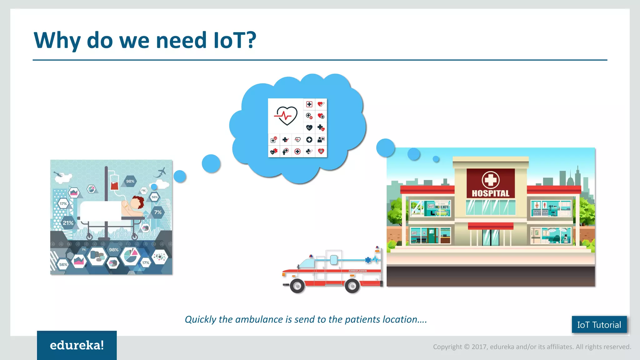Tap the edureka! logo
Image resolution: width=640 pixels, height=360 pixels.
(77, 345)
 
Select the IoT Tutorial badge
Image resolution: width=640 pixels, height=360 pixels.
(599, 325)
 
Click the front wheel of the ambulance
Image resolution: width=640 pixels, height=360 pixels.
(297, 286)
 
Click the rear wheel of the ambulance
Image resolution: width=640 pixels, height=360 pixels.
(352, 286)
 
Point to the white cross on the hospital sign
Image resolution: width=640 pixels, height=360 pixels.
(490, 180)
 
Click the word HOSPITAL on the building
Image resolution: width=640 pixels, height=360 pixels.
(490, 193)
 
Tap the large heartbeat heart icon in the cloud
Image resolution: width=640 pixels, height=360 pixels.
(286, 116)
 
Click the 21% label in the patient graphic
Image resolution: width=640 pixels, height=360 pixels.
(68, 223)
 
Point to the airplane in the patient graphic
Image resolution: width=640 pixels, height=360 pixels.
(162, 171)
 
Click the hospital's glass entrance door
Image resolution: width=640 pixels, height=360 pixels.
(491, 237)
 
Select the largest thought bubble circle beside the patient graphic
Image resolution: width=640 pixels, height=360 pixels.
(211, 163)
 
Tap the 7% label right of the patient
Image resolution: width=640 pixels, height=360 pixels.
(158, 212)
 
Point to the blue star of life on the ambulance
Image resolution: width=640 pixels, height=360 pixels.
(368, 260)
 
